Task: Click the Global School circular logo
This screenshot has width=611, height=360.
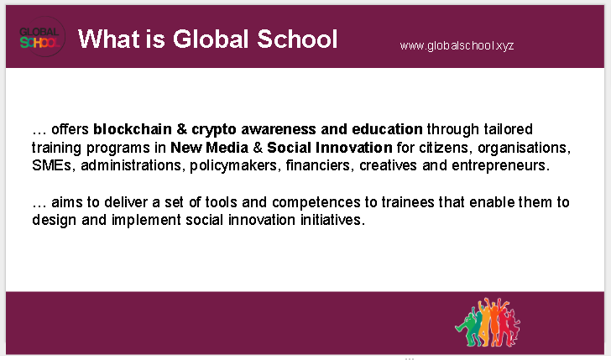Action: (42, 37)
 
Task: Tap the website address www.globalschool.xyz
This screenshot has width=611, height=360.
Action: (457, 45)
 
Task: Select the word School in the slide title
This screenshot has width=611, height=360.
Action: (297, 39)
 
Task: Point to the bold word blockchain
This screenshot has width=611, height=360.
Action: (133, 129)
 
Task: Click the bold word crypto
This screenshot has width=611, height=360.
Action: (214, 130)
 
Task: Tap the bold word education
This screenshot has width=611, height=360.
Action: (387, 129)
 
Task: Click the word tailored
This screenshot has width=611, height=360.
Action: (508, 129)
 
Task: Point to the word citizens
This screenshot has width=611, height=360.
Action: (446, 148)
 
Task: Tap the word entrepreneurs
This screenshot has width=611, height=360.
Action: (501, 166)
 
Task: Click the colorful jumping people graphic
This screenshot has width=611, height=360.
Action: (488, 322)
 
